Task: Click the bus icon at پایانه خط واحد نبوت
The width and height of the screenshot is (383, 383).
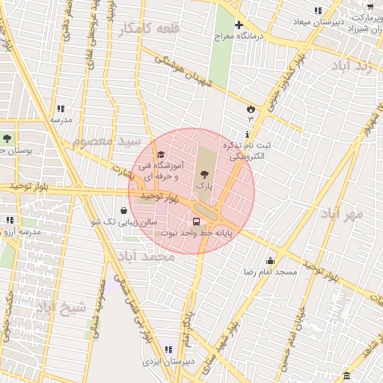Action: [196, 222]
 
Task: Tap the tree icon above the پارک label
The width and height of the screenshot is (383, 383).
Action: [205, 174]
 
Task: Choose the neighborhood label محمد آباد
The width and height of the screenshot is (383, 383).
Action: [146, 257]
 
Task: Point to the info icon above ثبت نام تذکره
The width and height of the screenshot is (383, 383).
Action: [247, 134]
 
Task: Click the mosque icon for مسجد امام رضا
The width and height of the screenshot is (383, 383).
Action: [270, 260]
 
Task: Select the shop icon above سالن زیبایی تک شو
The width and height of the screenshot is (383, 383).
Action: [123, 212]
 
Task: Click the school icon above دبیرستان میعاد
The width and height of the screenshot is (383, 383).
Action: [318, 10]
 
